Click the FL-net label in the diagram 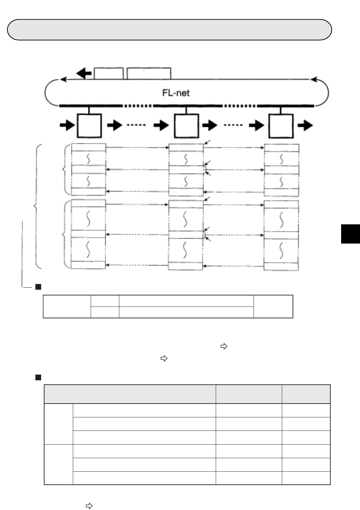click(176, 93)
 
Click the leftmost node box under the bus click(89, 126)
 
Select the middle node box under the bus click(186, 126)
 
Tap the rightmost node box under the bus click(281, 126)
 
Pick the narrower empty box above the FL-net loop click(108, 73)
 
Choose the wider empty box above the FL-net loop click(149, 73)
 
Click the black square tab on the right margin click(351, 233)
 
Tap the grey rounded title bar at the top click(170, 30)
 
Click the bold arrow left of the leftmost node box click(67, 126)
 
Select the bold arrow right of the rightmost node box click(305, 126)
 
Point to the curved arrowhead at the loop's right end click(314, 80)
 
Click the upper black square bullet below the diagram click(38, 287)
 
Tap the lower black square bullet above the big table click(38, 377)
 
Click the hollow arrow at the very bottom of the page click(89, 506)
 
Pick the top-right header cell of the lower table click(306, 394)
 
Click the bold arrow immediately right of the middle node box click(210, 126)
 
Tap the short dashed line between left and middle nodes click(136, 125)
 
